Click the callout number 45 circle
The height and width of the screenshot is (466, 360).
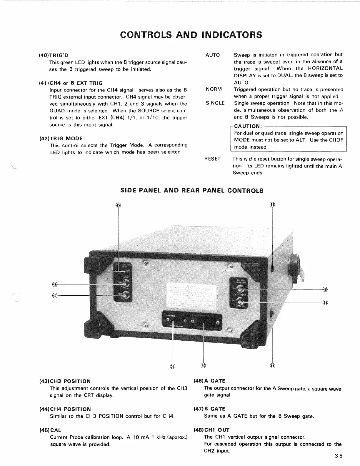(118, 205)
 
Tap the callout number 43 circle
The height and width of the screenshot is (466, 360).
(272, 205)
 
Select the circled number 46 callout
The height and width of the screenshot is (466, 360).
(54, 284)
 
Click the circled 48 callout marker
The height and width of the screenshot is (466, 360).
(325, 289)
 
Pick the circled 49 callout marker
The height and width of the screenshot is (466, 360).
(325, 302)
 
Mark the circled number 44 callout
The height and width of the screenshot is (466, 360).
(272, 366)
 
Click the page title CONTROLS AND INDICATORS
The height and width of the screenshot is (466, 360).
(191, 34)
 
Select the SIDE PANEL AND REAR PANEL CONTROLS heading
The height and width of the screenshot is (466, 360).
(192, 191)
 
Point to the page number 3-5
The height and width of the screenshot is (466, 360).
(339, 456)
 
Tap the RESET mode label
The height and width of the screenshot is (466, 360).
(212, 159)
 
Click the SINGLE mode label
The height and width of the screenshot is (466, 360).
(215, 103)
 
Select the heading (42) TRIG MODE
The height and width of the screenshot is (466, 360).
(61, 139)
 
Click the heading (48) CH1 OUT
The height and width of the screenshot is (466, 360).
(211, 430)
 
